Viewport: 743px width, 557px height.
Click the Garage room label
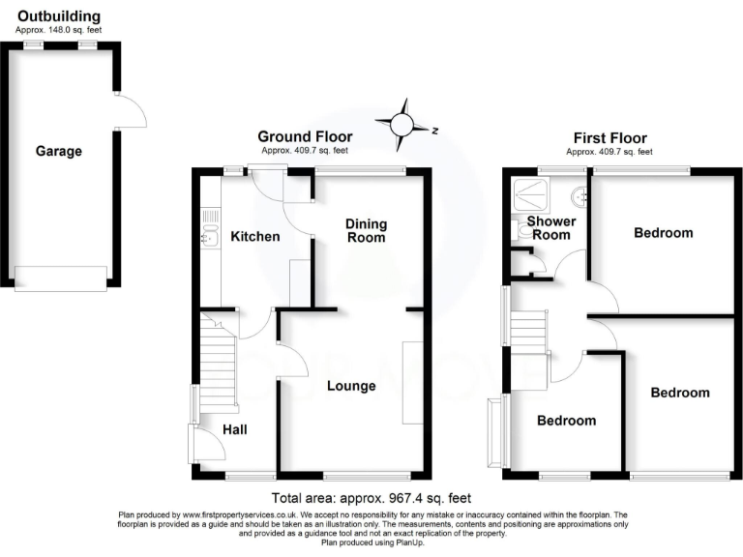59,151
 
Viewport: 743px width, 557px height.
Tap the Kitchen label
255,237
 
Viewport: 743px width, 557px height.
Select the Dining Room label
366,230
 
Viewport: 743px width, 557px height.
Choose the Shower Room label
551,228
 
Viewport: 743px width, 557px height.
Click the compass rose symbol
406,125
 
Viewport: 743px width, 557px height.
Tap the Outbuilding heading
59,16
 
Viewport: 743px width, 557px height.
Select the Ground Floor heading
304,137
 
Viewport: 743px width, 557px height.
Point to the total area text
371,498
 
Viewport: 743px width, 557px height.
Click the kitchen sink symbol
207,234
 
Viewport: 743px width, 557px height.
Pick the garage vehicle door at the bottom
60,278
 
